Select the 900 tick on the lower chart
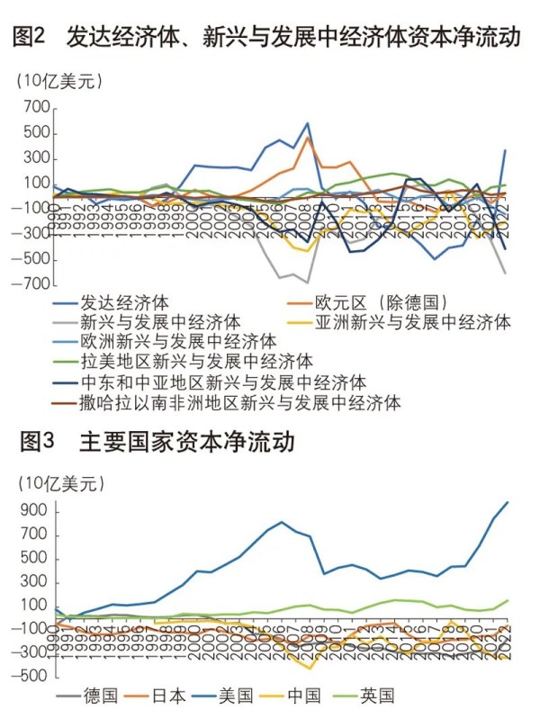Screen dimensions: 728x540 (31, 509)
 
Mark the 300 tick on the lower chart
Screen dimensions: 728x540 (31, 580)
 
